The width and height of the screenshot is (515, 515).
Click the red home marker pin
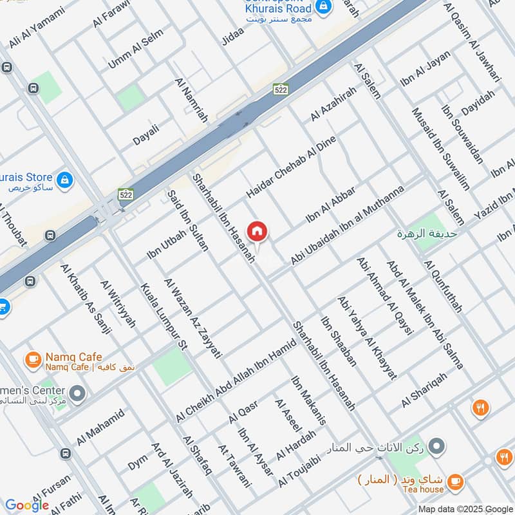pos(257,231)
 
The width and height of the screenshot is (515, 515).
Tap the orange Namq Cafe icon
pos(32,358)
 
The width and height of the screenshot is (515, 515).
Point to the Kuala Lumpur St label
pos(163,317)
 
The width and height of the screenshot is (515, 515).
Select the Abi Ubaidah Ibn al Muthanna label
pos(348,225)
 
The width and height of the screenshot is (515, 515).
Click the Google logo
pos(27,505)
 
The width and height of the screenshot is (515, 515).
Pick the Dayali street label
pos(145,131)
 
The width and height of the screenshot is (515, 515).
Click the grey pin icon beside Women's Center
pos(77,392)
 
